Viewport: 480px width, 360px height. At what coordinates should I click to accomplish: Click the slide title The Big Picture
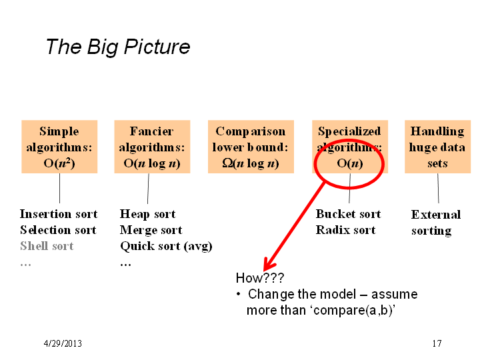click(x=118, y=47)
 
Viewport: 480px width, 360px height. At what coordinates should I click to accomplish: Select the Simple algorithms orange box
click(x=59, y=147)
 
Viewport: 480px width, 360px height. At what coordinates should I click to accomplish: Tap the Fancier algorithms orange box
click(x=152, y=147)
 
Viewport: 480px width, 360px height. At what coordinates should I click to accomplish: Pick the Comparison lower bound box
click(x=251, y=147)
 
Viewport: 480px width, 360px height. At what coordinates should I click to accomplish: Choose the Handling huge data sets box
click(x=437, y=147)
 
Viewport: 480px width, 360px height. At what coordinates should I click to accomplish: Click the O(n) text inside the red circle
click(x=350, y=163)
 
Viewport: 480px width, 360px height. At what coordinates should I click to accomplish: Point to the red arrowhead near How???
click(x=269, y=265)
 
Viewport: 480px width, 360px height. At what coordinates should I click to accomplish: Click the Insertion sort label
click(x=59, y=214)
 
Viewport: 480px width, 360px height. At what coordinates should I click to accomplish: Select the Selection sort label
click(x=58, y=229)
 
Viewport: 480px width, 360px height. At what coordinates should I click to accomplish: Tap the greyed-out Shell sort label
click(x=47, y=246)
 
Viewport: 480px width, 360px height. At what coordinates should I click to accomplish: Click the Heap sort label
click(x=148, y=214)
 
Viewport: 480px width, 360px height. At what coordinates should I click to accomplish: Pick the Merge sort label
click(x=151, y=230)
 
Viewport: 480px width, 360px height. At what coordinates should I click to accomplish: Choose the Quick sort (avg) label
click(x=166, y=246)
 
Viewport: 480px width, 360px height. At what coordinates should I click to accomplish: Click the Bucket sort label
click(x=349, y=214)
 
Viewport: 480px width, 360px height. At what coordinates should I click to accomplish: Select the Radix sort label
click(x=345, y=229)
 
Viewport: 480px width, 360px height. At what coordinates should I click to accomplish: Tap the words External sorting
click(x=436, y=223)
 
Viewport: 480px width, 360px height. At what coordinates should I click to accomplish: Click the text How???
click(x=260, y=278)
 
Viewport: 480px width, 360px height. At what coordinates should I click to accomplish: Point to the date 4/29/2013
click(x=63, y=343)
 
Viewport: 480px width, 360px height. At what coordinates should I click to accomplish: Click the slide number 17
click(x=437, y=343)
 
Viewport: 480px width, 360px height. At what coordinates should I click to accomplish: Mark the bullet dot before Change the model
click(x=239, y=295)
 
